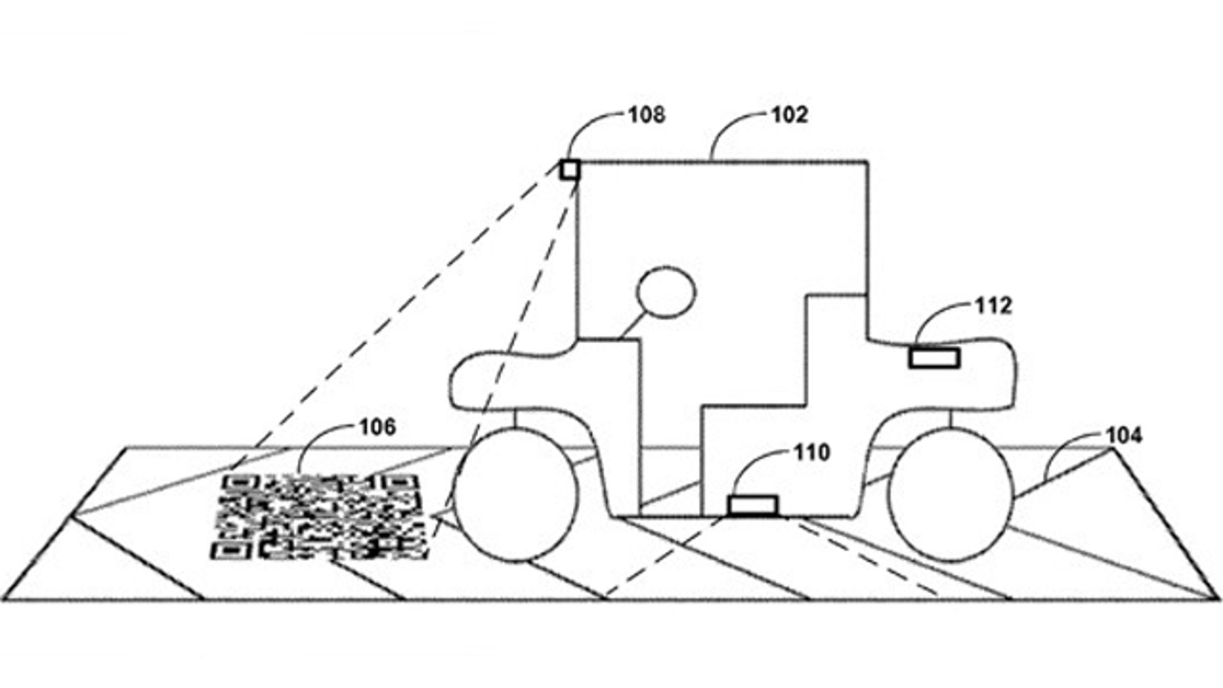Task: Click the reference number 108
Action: click(x=646, y=115)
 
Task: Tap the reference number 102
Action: click(x=789, y=115)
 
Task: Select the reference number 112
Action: click(x=993, y=306)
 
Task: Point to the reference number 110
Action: click(x=812, y=452)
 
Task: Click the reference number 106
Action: click(x=378, y=427)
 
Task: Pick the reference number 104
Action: click(x=1124, y=435)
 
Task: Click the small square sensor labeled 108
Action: click(x=570, y=170)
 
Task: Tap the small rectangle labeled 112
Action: click(x=934, y=358)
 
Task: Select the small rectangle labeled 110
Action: click(x=753, y=506)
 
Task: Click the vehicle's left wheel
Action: click(x=516, y=494)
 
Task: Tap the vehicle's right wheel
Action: click(x=950, y=494)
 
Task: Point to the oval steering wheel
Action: click(x=666, y=292)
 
